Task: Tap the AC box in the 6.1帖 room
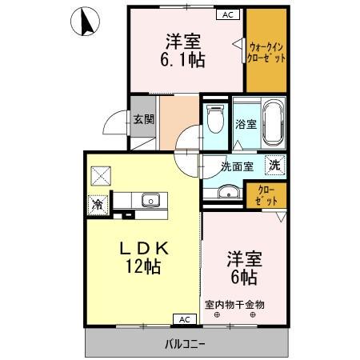(x=228, y=14)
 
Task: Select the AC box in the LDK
(x=185, y=319)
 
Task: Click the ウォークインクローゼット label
(x=266, y=53)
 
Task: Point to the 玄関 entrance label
(x=144, y=119)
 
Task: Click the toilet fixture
(x=215, y=118)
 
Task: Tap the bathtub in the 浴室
(x=273, y=123)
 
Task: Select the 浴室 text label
(x=246, y=124)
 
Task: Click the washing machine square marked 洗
(x=275, y=165)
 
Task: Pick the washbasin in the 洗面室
(x=229, y=191)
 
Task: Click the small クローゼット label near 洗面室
(x=266, y=195)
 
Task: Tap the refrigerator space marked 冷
(x=98, y=205)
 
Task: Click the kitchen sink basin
(x=150, y=200)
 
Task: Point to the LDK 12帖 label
(x=144, y=258)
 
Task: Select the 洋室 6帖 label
(x=244, y=268)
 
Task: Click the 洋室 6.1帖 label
(x=183, y=50)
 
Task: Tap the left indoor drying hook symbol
(x=217, y=315)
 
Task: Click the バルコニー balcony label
(x=185, y=344)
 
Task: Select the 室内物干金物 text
(x=234, y=304)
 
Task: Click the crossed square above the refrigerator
(x=101, y=176)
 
